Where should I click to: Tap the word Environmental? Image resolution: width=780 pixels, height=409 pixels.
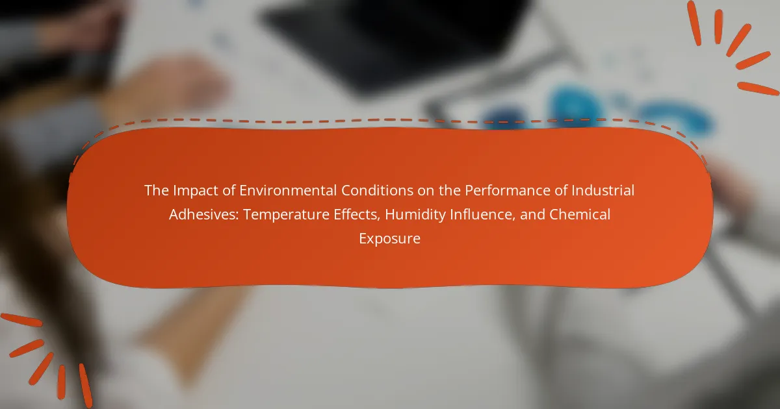(x=288, y=190)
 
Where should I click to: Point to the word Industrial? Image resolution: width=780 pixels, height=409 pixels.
(x=603, y=190)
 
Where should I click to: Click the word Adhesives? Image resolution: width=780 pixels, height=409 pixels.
(x=204, y=214)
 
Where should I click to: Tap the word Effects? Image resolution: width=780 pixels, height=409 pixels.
(x=357, y=215)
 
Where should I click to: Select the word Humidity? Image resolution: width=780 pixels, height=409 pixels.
(x=415, y=215)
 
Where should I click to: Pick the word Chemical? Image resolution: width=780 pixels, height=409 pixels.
(x=580, y=214)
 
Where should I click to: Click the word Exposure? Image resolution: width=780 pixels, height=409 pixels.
(x=389, y=239)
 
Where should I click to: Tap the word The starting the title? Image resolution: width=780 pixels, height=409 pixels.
(x=157, y=190)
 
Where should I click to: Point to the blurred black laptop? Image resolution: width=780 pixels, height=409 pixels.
(x=393, y=42)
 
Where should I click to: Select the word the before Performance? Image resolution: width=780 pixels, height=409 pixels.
(x=450, y=190)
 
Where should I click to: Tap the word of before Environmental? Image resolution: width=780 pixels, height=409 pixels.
(x=229, y=190)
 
